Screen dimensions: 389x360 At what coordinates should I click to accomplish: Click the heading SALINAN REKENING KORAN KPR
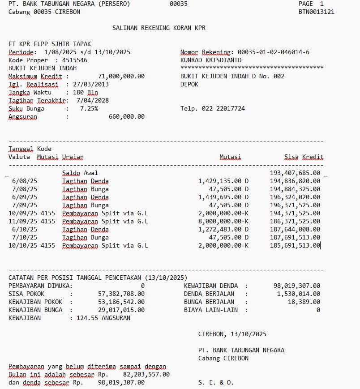[159, 28]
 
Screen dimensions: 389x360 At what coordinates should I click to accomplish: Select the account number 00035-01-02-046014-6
[273, 52]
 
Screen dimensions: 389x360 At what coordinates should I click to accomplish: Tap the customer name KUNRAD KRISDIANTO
[211, 60]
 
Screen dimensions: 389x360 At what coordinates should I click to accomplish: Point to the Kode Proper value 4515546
[75, 60]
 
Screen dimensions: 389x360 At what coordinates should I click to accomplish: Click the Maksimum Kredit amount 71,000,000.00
[121, 77]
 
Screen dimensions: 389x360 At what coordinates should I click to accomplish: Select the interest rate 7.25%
[89, 109]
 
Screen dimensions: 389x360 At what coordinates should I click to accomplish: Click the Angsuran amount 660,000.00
[127, 117]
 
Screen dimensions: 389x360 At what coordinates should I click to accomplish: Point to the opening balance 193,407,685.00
[295, 173]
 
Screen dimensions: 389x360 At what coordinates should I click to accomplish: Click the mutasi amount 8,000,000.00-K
[223, 221]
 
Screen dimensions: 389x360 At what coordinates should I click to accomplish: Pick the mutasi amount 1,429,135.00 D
[223, 181]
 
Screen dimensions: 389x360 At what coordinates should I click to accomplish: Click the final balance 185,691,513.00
[295, 245]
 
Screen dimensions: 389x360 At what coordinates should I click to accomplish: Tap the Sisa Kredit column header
[304, 157]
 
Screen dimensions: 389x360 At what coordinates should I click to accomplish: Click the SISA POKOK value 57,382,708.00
[121, 294]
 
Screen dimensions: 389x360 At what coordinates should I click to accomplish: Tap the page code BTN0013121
[316, 12]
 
